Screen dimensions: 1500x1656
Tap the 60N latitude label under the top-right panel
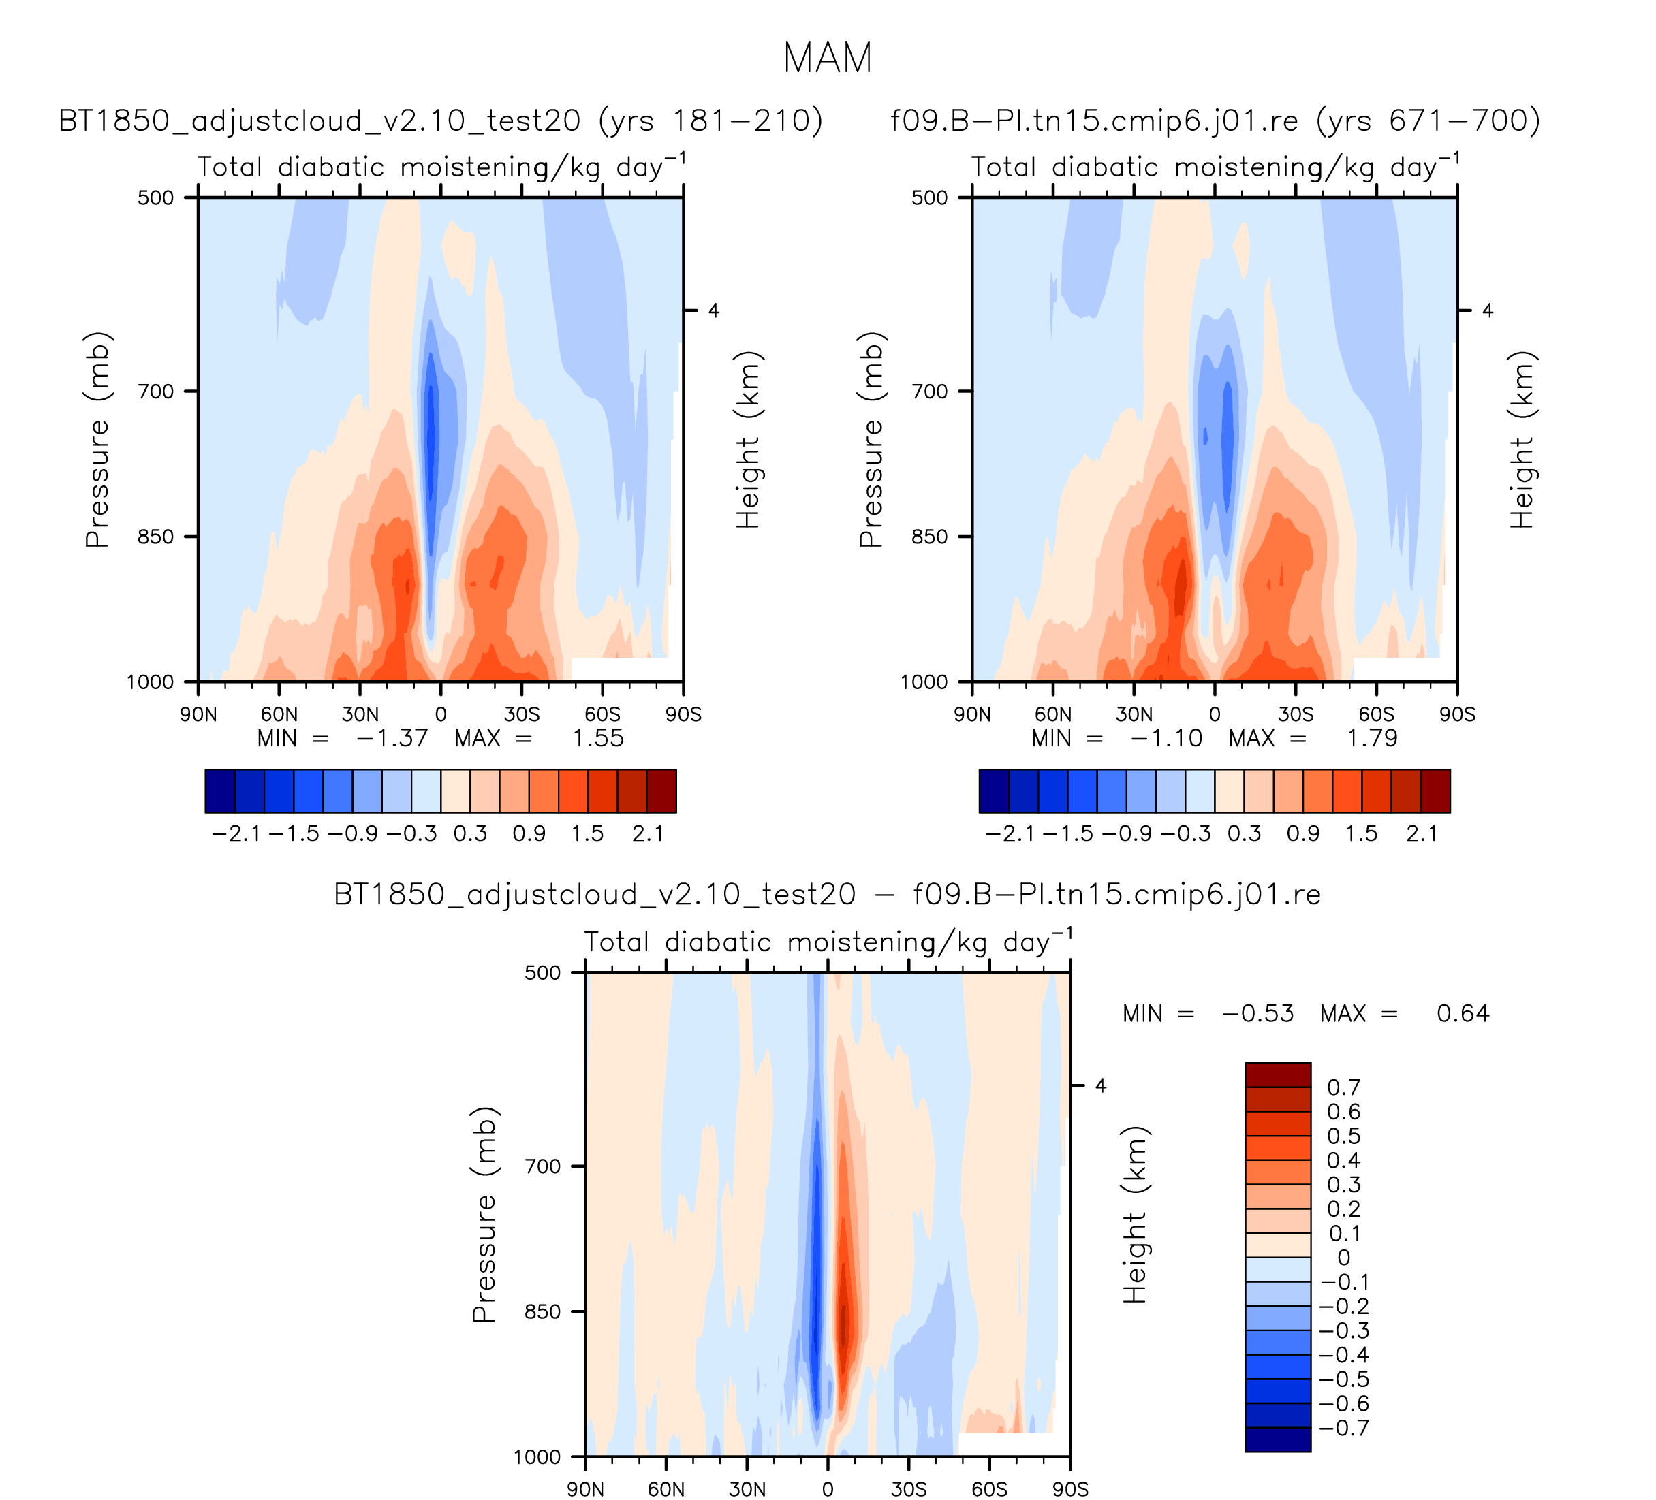click(x=1052, y=714)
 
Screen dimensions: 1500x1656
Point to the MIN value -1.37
click(x=392, y=738)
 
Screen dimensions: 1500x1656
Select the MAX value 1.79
click(x=1372, y=738)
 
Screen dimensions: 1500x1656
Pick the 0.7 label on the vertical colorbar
click(x=1344, y=1087)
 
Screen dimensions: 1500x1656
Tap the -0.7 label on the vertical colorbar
click(x=1344, y=1428)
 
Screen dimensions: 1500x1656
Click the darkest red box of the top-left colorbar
click(x=661, y=791)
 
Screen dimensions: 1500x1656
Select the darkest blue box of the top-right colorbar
click(x=994, y=791)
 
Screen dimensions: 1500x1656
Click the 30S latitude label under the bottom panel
click(x=909, y=1489)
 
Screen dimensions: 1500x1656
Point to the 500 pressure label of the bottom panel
click(x=542, y=973)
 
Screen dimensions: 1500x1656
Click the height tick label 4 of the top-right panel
click(x=1488, y=310)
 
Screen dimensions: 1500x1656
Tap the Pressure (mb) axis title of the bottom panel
click(x=484, y=1215)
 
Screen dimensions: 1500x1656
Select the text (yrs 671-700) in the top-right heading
click(x=1428, y=121)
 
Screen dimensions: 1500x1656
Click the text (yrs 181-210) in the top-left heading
click(x=710, y=121)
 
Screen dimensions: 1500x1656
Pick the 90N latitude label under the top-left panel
click(x=199, y=714)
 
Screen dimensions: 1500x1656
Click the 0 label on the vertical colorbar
click(x=1343, y=1257)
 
